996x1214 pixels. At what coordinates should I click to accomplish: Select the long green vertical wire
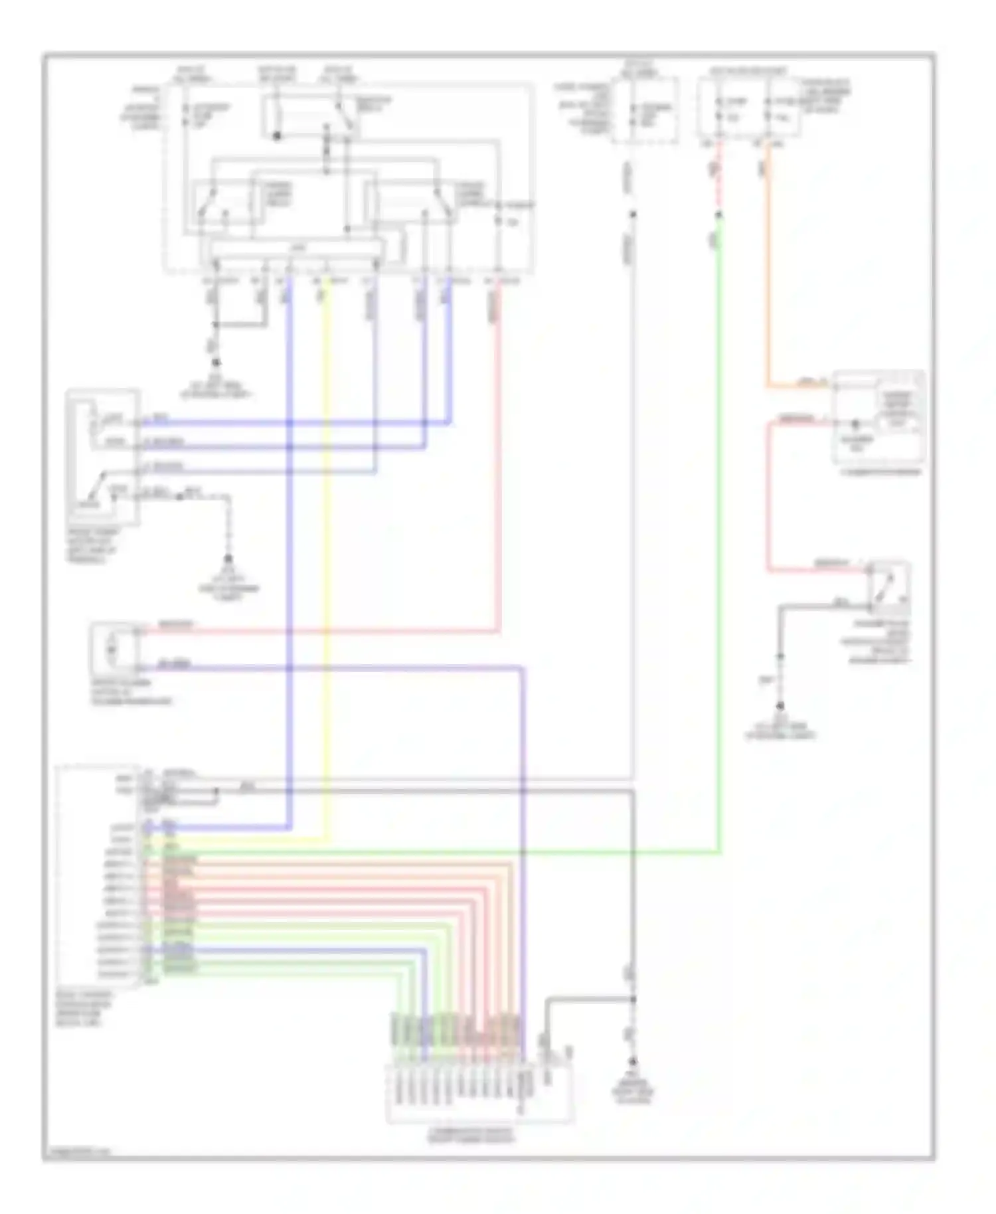click(719, 531)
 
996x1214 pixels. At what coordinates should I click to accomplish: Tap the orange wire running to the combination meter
click(768, 266)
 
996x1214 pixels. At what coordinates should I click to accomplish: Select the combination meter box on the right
click(878, 418)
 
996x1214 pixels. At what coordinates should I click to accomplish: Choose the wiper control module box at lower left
click(98, 877)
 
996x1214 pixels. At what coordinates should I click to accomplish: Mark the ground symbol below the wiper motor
click(228, 559)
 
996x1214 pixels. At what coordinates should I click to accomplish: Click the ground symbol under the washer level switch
click(781, 706)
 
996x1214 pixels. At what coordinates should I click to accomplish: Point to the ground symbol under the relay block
click(215, 363)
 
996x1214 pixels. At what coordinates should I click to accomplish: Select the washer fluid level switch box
click(890, 588)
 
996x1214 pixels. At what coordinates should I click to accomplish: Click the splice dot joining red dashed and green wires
click(719, 215)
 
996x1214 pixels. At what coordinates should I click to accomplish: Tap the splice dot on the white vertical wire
click(633, 214)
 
